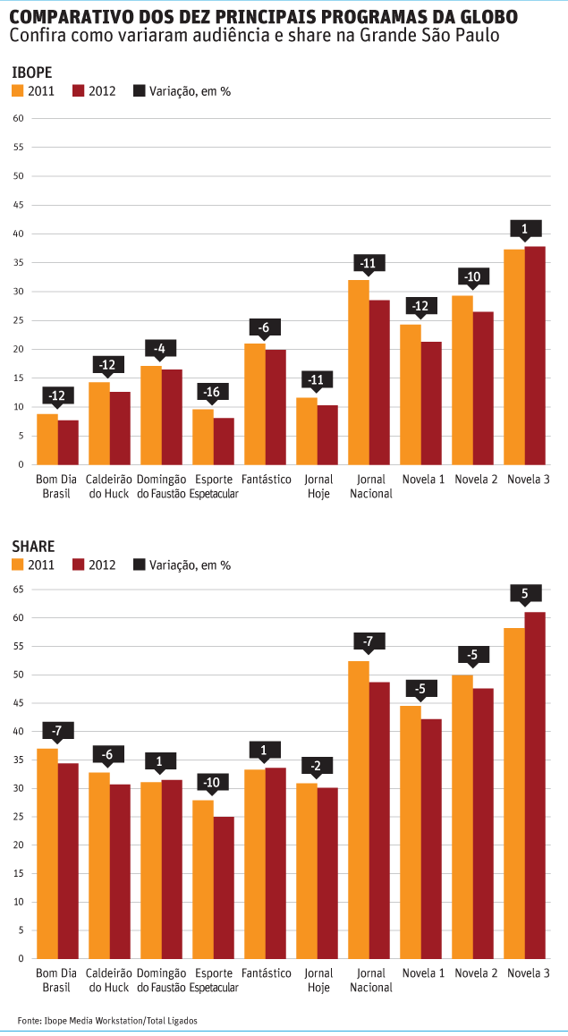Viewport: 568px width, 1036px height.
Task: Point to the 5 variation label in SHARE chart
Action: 525,592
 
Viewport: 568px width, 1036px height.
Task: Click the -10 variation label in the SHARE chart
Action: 213,781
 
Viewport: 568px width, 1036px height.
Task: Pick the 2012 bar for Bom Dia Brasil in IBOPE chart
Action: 69,442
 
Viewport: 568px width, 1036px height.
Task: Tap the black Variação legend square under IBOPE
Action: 139,91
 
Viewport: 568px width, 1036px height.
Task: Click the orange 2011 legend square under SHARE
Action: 17,565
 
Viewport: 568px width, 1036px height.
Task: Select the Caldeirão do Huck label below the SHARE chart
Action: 110,980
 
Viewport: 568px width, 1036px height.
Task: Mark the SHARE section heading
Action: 32,546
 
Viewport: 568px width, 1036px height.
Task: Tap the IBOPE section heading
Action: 31,72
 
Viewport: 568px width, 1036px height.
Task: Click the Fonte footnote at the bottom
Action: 107,1021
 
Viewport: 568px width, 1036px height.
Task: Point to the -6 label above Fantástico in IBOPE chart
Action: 265,328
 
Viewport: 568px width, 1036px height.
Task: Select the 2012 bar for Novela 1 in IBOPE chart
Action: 431,403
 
